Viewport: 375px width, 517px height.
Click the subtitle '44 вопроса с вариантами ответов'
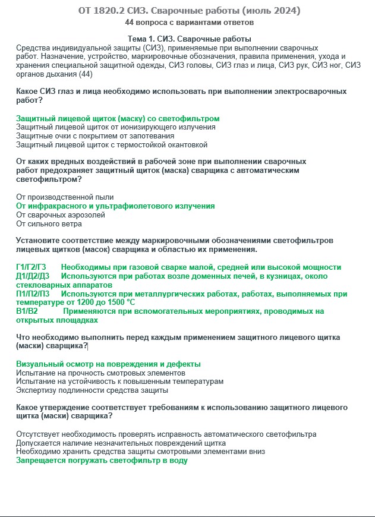coord(189,23)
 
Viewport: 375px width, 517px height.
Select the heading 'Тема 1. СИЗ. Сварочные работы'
coord(189,39)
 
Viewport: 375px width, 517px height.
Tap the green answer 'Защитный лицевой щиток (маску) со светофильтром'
coord(118,118)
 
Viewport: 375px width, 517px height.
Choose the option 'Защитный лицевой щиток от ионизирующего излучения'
coord(116,127)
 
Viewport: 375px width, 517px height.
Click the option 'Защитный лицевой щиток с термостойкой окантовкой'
coord(112,144)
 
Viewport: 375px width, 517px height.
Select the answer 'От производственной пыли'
coord(65,197)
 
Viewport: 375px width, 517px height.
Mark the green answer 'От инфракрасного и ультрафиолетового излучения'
coord(115,206)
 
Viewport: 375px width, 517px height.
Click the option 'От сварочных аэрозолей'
coord(61,215)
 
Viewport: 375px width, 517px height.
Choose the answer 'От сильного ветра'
coord(49,224)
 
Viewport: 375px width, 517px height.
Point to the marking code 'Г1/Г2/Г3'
coord(31,267)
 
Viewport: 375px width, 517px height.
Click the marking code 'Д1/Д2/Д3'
coord(33,276)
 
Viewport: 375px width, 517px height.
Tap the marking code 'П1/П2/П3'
coord(33,294)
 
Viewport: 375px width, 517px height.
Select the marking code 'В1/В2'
coord(27,311)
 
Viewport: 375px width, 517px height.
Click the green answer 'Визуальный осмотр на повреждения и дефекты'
coord(108,364)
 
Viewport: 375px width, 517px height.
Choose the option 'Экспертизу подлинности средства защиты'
coord(92,390)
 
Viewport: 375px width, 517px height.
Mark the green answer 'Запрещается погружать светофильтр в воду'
coord(102,461)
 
